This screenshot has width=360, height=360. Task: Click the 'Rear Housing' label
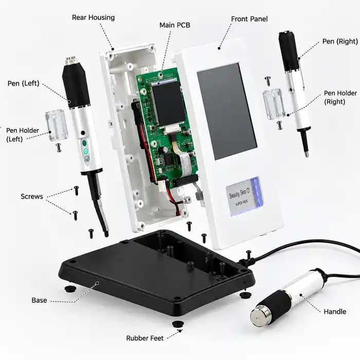[93, 17]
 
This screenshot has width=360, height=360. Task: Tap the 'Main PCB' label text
[175, 25]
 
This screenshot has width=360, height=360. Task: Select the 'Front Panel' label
[249, 19]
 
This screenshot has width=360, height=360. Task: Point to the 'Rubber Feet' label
[145, 338]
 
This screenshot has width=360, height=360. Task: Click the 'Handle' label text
[335, 312]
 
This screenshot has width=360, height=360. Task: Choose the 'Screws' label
[32, 196]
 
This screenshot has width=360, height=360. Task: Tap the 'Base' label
[39, 300]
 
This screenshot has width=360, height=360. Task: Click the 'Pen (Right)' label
[340, 42]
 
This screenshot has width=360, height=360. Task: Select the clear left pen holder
[57, 125]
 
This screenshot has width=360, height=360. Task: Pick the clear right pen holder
[274, 104]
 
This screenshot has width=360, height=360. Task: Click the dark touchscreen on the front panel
[227, 111]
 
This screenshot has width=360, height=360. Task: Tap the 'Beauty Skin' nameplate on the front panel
[244, 197]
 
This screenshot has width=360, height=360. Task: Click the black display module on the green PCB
[169, 104]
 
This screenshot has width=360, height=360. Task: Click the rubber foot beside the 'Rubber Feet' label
[178, 324]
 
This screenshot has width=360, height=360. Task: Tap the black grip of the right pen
[289, 51]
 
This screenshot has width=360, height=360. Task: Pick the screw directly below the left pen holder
[59, 148]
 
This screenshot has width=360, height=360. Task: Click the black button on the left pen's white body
[83, 133]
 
